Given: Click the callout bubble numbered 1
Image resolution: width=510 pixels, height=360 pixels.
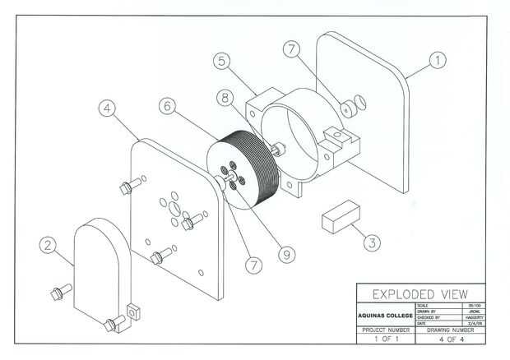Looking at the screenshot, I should pos(438,60).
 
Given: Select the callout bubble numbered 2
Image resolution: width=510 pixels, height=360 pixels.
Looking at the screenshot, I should pos(49,244).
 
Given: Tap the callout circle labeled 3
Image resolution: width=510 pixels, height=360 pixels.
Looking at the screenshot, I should pos(372,242).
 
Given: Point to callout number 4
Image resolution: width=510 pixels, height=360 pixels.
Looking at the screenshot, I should pos(105,108).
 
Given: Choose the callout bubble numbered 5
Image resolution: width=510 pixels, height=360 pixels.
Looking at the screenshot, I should pos(220,60).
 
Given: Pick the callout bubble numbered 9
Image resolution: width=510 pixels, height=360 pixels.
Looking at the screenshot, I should pos(285,256).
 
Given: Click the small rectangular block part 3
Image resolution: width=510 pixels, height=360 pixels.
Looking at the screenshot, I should pos(338,216).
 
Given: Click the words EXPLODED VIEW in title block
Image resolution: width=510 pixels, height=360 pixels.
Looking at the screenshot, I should pos(420,294).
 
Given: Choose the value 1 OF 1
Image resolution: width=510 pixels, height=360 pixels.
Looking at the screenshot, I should pos(385,339).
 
